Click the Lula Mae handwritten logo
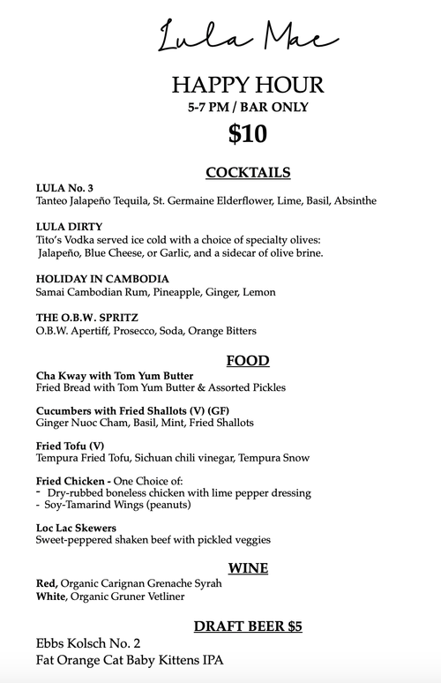pos(247,36)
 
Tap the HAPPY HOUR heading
pos(248,86)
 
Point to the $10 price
pos(247,134)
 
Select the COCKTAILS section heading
pos(248,172)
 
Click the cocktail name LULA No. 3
pos(65,187)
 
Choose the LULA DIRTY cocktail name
pos(69,226)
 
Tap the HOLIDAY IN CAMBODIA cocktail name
pos(101,278)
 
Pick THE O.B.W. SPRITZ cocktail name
pos(86,317)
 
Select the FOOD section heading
pos(248,361)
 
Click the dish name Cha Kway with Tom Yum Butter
pos(115,375)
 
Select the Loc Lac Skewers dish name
pos(76,527)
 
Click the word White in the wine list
pos(51,597)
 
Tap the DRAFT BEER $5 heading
pos(248,627)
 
